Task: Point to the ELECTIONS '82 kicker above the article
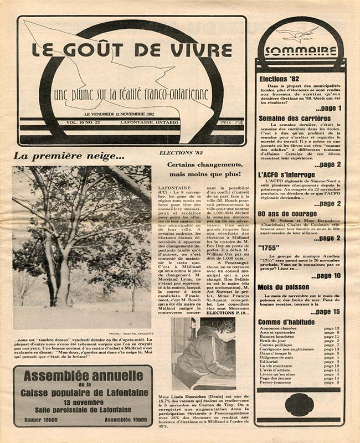[178, 152]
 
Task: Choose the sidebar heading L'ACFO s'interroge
[286, 174]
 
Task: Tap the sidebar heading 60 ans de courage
[287, 213]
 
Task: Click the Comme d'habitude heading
[286, 322]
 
